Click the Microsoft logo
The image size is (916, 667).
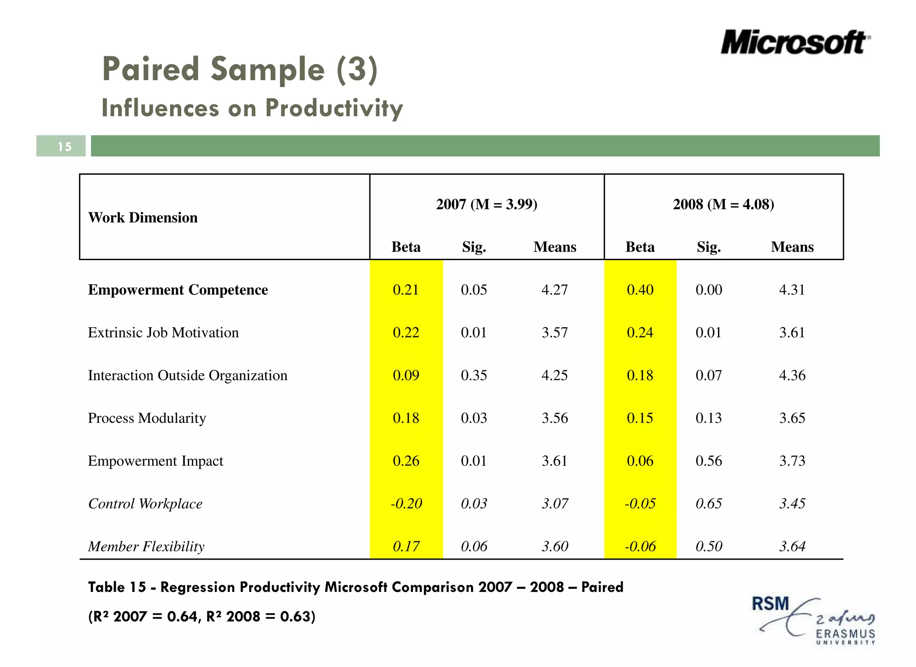(x=795, y=43)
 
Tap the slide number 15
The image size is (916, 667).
(x=64, y=147)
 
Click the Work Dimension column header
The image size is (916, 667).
(x=143, y=218)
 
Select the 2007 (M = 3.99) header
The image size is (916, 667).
(x=487, y=204)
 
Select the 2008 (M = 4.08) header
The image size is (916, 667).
(x=723, y=204)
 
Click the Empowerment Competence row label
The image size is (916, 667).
(x=178, y=290)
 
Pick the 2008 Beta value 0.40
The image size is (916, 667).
(x=640, y=290)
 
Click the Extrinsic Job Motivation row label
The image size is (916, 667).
(x=163, y=333)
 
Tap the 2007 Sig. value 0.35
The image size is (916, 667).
(x=474, y=375)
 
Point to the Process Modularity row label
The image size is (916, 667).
(x=147, y=418)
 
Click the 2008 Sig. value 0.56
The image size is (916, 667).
(x=708, y=461)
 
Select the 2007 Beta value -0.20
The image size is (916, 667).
(x=406, y=503)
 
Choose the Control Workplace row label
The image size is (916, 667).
(x=145, y=504)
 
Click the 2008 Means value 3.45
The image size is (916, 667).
(x=792, y=503)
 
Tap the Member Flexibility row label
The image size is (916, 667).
(x=146, y=546)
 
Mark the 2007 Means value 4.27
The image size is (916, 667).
(x=555, y=290)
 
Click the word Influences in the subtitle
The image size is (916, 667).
(x=160, y=108)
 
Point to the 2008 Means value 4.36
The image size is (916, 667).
(x=792, y=375)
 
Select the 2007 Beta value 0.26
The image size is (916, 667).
(x=406, y=461)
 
